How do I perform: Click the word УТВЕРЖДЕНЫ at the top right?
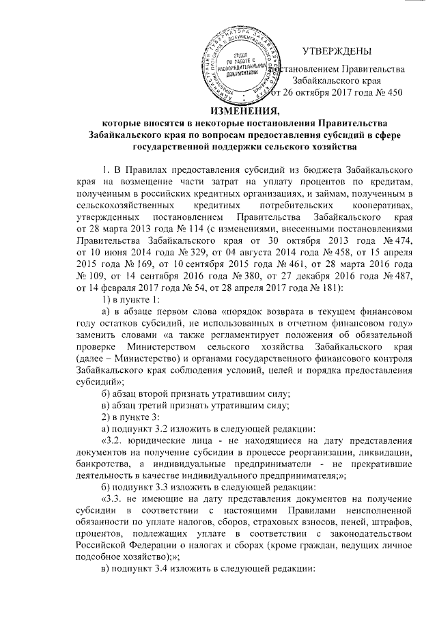337,51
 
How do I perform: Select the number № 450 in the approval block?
386,92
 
